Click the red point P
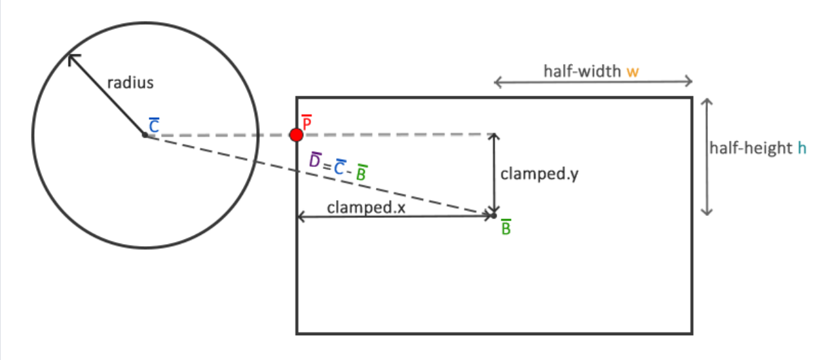pyautogui.click(x=297, y=135)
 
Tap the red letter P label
pyautogui.click(x=307, y=122)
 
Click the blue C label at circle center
pyautogui.click(x=154, y=126)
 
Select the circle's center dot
pyautogui.click(x=145, y=135)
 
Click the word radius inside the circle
pyautogui.click(x=130, y=83)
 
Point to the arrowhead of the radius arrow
pyautogui.click(x=71, y=56)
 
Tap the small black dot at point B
pyautogui.click(x=493, y=215)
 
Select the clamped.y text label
pyautogui.click(x=539, y=175)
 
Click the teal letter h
pyautogui.click(x=802, y=149)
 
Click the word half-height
pyautogui.click(x=751, y=149)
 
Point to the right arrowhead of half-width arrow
pyautogui.click(x=690, y=81)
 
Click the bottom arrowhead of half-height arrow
pyautogui.click(x=706, y=212)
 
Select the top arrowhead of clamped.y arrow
pyautogui.click(x=494, y=136)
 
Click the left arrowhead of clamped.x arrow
pyautogui.click(x=301, y=217)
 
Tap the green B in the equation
pyautogui.click(x=361, y=174)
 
